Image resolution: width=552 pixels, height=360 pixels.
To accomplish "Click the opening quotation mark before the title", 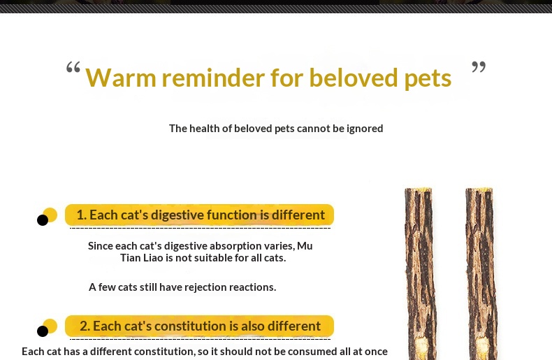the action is pos(73,67).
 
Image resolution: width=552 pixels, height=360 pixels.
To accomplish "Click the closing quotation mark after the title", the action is pos(479,66).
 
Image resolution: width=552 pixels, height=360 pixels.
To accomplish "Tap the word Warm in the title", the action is pos(121,78).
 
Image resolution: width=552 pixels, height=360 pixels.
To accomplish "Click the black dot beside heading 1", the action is pos(43,220).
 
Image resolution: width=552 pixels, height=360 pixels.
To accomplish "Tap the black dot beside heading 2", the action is pos(43,331).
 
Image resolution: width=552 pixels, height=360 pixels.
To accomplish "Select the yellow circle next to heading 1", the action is pos(51,215).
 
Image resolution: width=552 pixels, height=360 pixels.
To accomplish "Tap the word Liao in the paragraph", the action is pos(154,258).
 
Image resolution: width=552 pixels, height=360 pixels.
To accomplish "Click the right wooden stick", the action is pos(481,274).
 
